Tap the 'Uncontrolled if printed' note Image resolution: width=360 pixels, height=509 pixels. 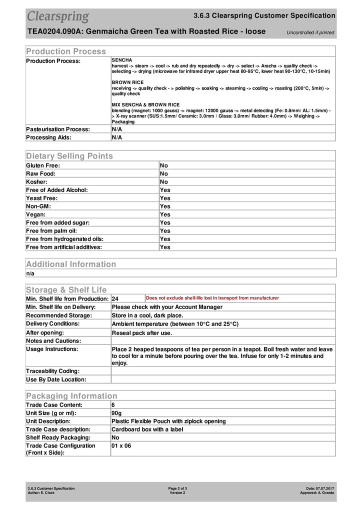(310, 33)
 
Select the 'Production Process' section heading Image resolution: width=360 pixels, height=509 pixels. (66, 51)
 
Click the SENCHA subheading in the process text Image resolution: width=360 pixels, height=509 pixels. (122, 60)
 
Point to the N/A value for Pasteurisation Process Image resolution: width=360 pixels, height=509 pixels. (116, 129)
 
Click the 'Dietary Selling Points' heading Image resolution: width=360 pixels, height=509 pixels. (69, 156)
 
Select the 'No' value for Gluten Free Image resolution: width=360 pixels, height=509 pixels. (164, 165)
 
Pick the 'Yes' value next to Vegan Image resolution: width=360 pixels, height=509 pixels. (165, 214)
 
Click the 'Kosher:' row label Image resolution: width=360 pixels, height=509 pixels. (37, 182)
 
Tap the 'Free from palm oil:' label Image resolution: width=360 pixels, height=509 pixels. (51, 230)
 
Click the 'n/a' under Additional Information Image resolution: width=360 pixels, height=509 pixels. (30, 273)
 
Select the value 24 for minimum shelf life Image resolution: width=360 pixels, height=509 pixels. (115, 298)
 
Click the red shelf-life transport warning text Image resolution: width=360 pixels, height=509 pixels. (212, 298)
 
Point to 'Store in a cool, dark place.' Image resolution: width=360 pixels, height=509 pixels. (147, 315)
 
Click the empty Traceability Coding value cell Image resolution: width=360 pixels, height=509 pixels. (222, 371)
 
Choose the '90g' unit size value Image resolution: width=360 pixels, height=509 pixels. (117, 413)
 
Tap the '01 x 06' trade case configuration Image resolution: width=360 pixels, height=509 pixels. (121, 445)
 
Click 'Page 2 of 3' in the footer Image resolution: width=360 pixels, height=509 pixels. (177, 488)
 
